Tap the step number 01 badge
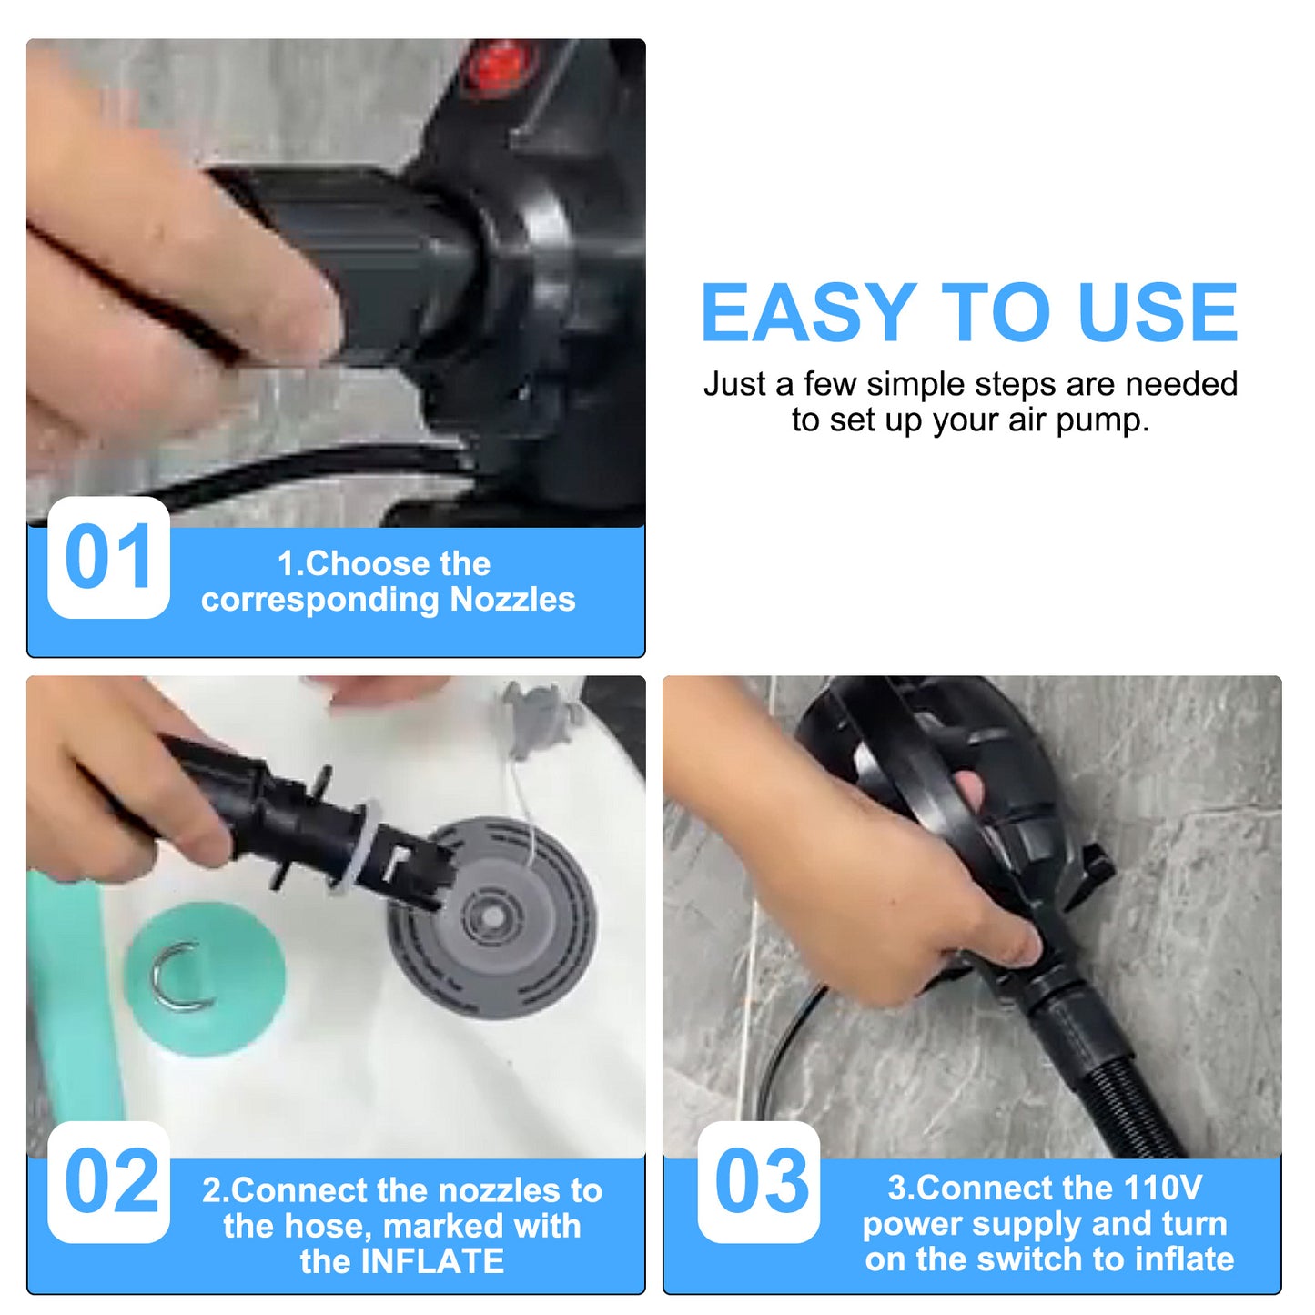pyautogui.click(x=108, y=558)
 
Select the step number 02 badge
pyautogui.click(x=108, y=1182)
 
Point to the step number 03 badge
pyautogui.click(x=759, y=1182)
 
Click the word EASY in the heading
pyautogui.click(x=808, y=312)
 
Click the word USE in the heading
pyautogui.click(x=1157, y=312)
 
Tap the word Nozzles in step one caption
pyautogui.click(x=512, y=600)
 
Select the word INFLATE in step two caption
pyautogui.click(x=432, y=1261)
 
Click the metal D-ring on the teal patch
pyautogui.click(x=177, y=977)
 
